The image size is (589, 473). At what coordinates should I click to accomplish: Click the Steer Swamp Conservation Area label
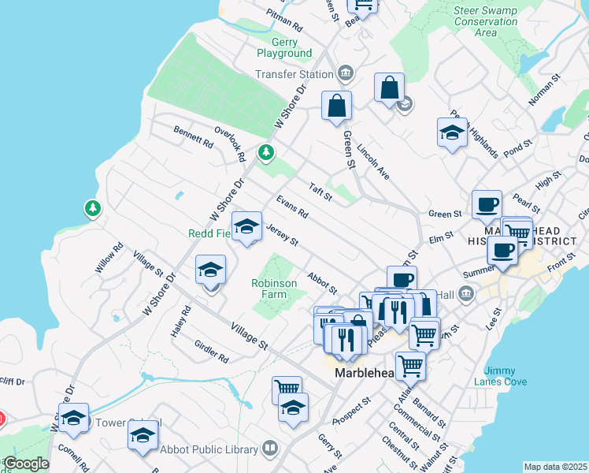point(486,21)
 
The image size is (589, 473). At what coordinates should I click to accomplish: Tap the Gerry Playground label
point(284,47)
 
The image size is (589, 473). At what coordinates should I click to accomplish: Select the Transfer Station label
point(294,75)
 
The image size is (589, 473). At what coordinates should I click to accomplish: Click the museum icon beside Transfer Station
point(345,74)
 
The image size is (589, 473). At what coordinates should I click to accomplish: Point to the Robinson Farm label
point(274,289)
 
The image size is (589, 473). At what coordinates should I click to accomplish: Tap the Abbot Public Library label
point(209,449)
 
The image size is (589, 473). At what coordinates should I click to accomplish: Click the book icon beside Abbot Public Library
point(270,449)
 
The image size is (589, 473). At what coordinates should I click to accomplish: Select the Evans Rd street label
point(292,208)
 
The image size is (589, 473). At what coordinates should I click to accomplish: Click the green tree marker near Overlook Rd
point(266,151)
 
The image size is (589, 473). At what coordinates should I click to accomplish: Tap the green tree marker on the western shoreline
point(93,208)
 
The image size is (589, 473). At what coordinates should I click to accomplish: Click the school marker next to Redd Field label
point(247,228)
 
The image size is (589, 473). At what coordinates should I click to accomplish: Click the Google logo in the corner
point(25,464)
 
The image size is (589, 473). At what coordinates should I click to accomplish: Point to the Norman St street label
point(543,89)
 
